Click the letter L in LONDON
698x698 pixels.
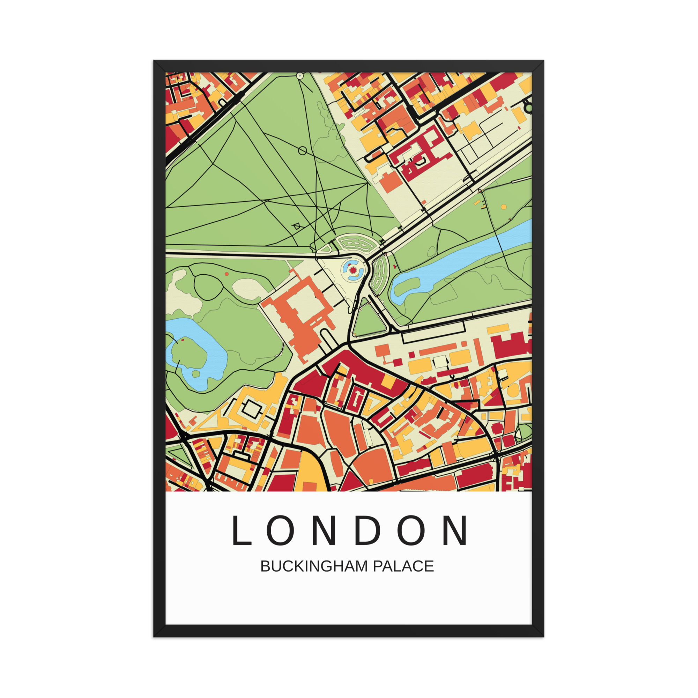point(241,530)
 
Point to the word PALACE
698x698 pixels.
point(403,566)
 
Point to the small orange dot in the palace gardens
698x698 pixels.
point(227,274)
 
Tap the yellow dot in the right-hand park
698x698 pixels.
point(504,207)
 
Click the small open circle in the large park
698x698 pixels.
point(303,151)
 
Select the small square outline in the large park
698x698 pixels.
point(297,227)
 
